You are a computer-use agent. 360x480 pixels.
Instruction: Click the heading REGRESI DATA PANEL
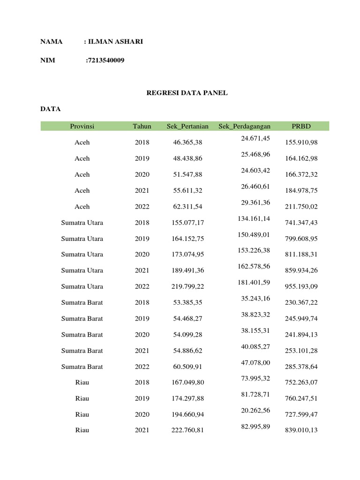coord(187,93)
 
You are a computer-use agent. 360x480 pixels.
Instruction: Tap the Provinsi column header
coord(82,126)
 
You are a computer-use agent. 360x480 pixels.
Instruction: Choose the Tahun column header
coord(142,126)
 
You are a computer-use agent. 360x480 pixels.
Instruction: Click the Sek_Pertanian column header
coord(187,126)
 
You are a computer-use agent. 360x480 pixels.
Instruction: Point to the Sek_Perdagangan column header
coord(245,126)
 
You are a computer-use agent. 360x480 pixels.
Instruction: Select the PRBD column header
coord(301,126)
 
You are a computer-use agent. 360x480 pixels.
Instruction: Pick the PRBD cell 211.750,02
coord(301,207)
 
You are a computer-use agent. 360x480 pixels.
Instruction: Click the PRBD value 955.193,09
coord(301,287)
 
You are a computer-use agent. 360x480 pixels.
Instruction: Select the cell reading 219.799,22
coord(187,286)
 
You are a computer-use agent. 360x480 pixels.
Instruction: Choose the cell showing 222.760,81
coord(187,430)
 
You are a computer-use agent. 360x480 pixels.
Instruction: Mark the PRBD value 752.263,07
coord(301,382)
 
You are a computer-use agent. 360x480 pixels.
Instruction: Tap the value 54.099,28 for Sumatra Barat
coord(187,335)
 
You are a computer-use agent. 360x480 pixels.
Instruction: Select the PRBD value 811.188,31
coord(301,255)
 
